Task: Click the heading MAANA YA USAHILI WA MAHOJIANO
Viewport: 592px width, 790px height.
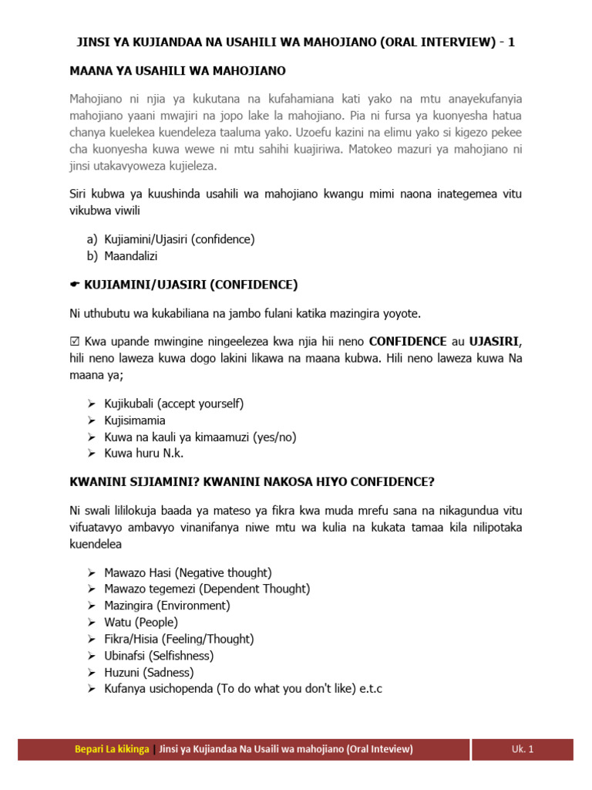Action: [x=177, y=71]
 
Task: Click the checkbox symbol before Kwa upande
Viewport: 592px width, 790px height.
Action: [x=75, y=341]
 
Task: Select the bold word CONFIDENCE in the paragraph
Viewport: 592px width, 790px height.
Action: [x=408, y=341]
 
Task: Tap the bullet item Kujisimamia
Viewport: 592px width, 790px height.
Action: [x=135, y=420]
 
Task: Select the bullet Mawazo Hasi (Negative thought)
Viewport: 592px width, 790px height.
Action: [x=188, y=572]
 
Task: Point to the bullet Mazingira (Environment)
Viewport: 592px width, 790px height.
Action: [x=167, y=606]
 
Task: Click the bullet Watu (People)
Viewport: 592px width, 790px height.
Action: [x=141, y=622]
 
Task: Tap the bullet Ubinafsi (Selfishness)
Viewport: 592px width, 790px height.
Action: [x=159, y=656]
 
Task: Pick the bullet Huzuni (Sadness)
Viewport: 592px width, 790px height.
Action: [x=149, y=672]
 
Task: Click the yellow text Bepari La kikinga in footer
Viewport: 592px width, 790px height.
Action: [x=112, y=749]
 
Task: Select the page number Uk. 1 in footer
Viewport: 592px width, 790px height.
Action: [x=522, y=749]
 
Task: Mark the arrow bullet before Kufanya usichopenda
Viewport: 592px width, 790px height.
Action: [x=92, y=689]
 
